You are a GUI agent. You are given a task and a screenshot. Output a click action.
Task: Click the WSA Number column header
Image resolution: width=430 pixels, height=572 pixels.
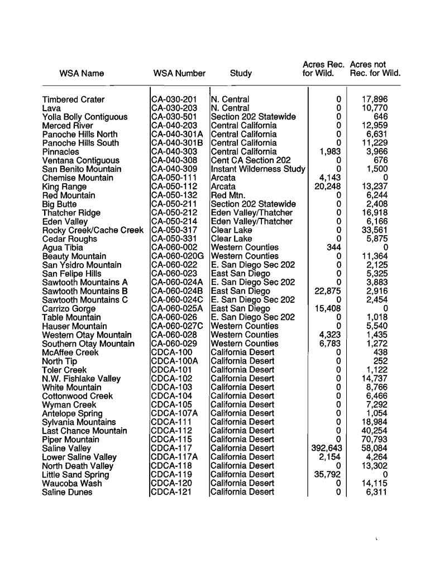click(x=179, y=73)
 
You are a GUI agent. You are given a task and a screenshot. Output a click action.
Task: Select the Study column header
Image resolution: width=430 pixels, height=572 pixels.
click(x=241, y=73)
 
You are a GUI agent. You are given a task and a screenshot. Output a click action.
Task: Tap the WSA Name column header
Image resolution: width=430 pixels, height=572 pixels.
click(x=82, y=73)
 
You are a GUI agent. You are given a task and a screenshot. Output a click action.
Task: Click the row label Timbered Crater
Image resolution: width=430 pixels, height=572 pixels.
click(x=73, y=99)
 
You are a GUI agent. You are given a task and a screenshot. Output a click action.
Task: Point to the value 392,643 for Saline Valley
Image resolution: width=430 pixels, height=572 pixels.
click(x=326, y=449)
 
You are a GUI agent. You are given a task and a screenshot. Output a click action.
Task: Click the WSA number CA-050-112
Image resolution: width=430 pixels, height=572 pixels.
click(x=175, y=187)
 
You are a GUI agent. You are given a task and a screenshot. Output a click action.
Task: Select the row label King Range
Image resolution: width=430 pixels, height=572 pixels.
click(x=64, y=187)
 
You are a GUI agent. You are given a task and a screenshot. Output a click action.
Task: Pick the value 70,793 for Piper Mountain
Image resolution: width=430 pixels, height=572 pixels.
click(x=374, y=440)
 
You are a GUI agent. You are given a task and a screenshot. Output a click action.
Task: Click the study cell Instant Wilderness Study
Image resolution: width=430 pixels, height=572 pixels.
click(x=258, y=169)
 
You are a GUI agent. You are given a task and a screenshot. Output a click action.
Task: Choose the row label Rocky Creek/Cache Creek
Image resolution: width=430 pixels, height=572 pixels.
click(x=93, y=230)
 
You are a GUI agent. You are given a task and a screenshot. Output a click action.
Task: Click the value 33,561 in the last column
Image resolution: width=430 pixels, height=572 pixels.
click(x=374, y=230)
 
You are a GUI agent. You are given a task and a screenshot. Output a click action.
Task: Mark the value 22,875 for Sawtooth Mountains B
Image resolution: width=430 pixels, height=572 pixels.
click(x=328, y=291)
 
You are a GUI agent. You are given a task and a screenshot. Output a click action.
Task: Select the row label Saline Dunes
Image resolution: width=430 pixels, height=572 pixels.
click(x=67, y=492)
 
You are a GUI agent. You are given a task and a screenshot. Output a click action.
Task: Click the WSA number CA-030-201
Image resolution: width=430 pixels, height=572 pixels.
click(x=175, y=99)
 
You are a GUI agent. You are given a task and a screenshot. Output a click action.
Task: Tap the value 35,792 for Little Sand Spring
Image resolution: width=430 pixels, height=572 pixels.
click(x=328, y=475)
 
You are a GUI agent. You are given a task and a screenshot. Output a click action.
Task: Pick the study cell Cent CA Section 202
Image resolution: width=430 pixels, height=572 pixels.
click(x=251, y=160)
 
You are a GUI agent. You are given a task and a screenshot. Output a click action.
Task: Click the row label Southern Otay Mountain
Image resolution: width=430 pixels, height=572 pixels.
click(x=88, y=344)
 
